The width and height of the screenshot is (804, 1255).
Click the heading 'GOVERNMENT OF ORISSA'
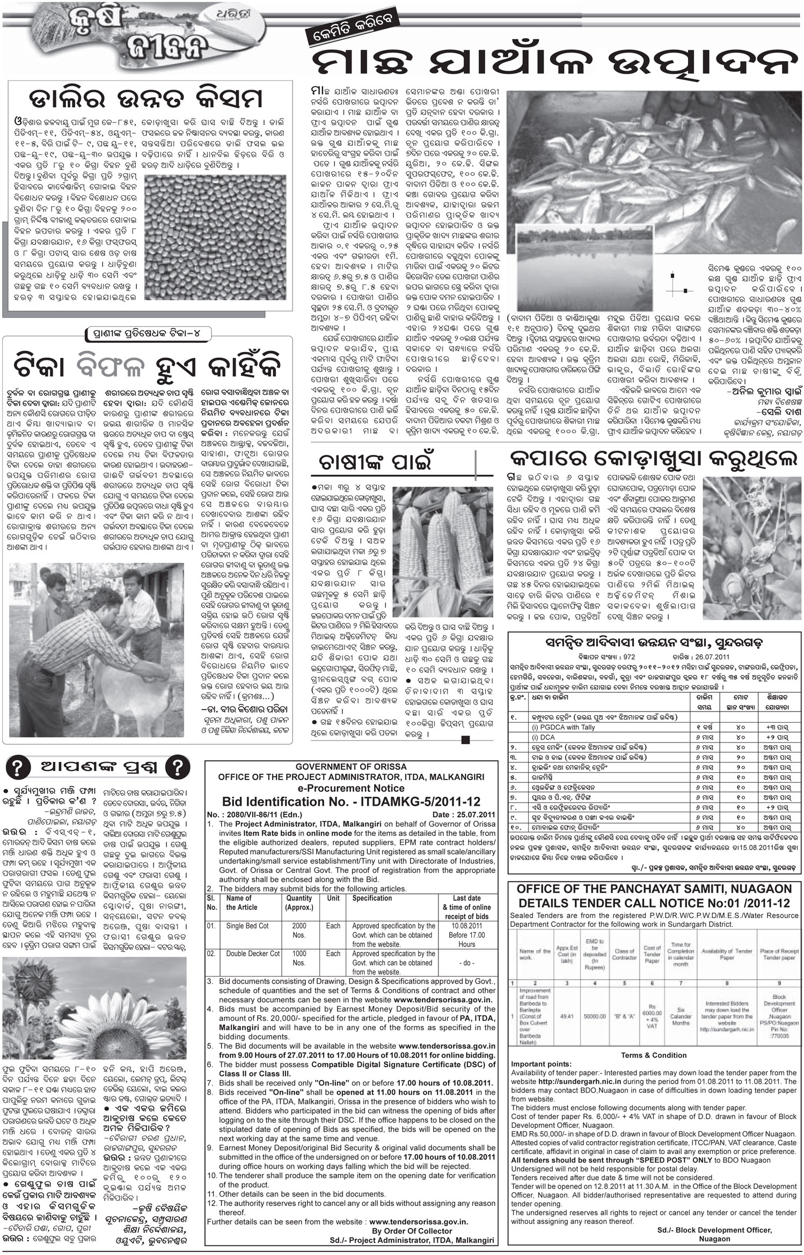(351, 766)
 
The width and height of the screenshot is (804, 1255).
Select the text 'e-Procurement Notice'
(351, 788)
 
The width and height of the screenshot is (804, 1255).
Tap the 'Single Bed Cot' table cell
(247, 926)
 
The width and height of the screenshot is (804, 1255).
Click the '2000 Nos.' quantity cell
(299, 930)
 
